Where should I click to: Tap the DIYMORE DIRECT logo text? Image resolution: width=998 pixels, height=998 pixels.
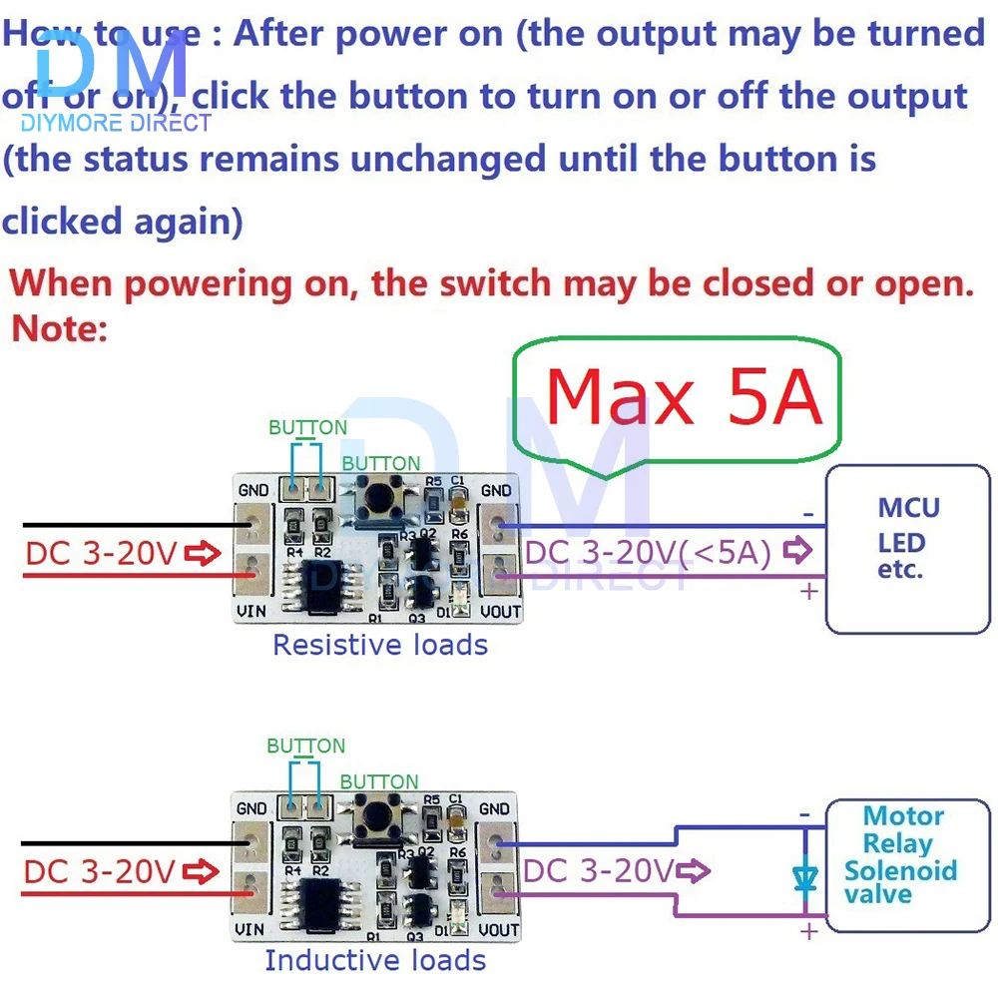116,123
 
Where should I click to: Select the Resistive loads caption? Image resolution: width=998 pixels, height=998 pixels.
380,645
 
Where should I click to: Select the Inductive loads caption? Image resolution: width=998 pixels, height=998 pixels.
375,960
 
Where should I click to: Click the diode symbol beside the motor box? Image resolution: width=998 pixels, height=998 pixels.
805,877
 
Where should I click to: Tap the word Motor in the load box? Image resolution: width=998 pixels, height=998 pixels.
903,816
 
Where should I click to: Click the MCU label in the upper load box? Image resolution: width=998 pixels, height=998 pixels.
907,507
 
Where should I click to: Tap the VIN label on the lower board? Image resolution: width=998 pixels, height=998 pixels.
250,928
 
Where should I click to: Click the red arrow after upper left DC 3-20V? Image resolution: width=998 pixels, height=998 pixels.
203,553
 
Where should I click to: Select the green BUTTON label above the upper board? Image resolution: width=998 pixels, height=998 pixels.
307,427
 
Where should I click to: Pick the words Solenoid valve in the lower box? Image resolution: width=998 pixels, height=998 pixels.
899,881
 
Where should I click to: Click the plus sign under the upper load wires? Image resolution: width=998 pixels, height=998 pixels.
808,592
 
